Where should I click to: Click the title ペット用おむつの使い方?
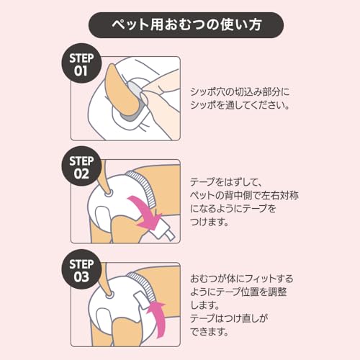click(x=186, y=24)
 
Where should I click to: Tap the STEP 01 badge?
click(x=81, y=63)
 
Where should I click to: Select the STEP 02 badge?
click(x=81, y=166)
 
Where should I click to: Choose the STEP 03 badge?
click(x=81, y=269)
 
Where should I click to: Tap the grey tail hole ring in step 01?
click(x=135, y=101)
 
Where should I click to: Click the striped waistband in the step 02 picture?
click(x=142, y=187)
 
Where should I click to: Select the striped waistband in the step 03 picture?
click(x=143, y=287)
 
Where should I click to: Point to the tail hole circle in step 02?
click(x=109, y=194)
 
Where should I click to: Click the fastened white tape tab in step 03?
click(x=141, y=300)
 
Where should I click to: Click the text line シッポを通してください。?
click(x=240, y=105)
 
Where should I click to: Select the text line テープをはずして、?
click(x=225, y=182)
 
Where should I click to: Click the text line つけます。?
click(x=210, y=222)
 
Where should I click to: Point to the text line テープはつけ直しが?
click(x=229, y=318)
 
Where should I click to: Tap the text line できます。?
click(x=210, y=332)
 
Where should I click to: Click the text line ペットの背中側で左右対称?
click(x=244, y=195)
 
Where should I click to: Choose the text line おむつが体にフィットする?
click(x=242, y=279)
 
